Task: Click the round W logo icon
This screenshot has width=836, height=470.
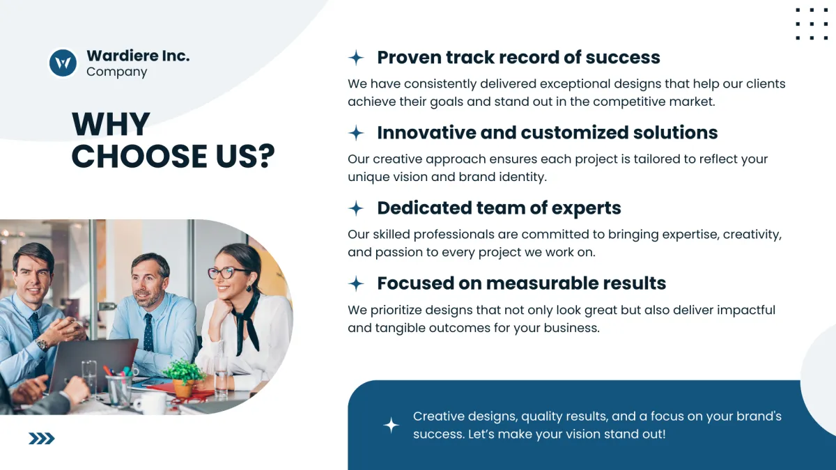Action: (x=63, y=63)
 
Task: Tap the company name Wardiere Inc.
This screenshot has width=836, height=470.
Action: (x=138, y=56)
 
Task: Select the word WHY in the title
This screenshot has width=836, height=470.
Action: (x=111, y=124)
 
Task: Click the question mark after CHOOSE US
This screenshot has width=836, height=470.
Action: (x=266, y=155)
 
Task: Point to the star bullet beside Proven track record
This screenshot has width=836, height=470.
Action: (x=356, y=57)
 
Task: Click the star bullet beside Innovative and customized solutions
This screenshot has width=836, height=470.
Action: (x=356, y=133)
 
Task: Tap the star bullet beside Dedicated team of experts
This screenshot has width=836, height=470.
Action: (x=356, y=208)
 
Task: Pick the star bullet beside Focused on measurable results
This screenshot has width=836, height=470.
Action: (x=356, y=283)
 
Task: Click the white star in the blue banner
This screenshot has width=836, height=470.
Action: (x=391, y=425)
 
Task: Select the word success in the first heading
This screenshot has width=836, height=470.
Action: (x=623, y=57)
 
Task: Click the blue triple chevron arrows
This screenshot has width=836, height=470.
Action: (x=41, y=438)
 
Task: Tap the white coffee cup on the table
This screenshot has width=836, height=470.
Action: (x=150, y=403)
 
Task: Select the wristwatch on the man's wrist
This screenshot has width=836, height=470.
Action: (x=42, y=344)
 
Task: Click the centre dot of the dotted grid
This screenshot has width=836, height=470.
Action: (x=812, y=24)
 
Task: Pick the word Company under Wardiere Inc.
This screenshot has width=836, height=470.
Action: (x=117, y=72)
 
